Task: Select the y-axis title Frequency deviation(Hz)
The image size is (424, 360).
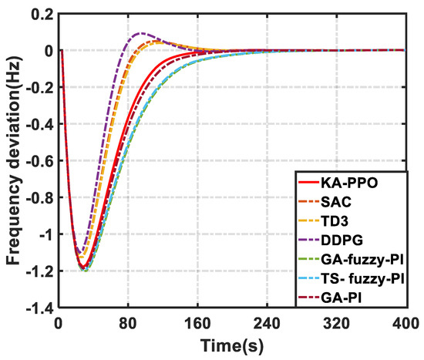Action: point(13,160)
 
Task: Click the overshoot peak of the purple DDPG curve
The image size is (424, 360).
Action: point(140,34)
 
